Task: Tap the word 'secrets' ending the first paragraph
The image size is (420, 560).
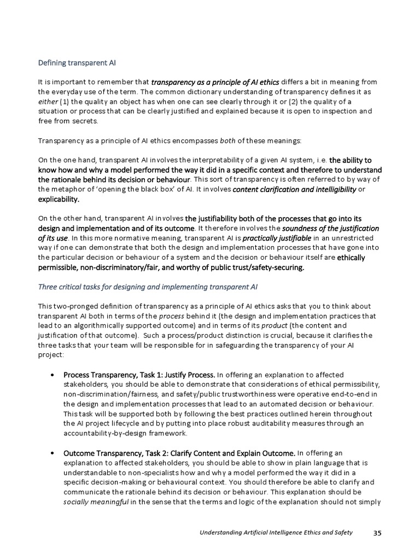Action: tap(84, 121)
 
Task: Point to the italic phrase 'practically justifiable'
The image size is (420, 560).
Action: tap(277, 239)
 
